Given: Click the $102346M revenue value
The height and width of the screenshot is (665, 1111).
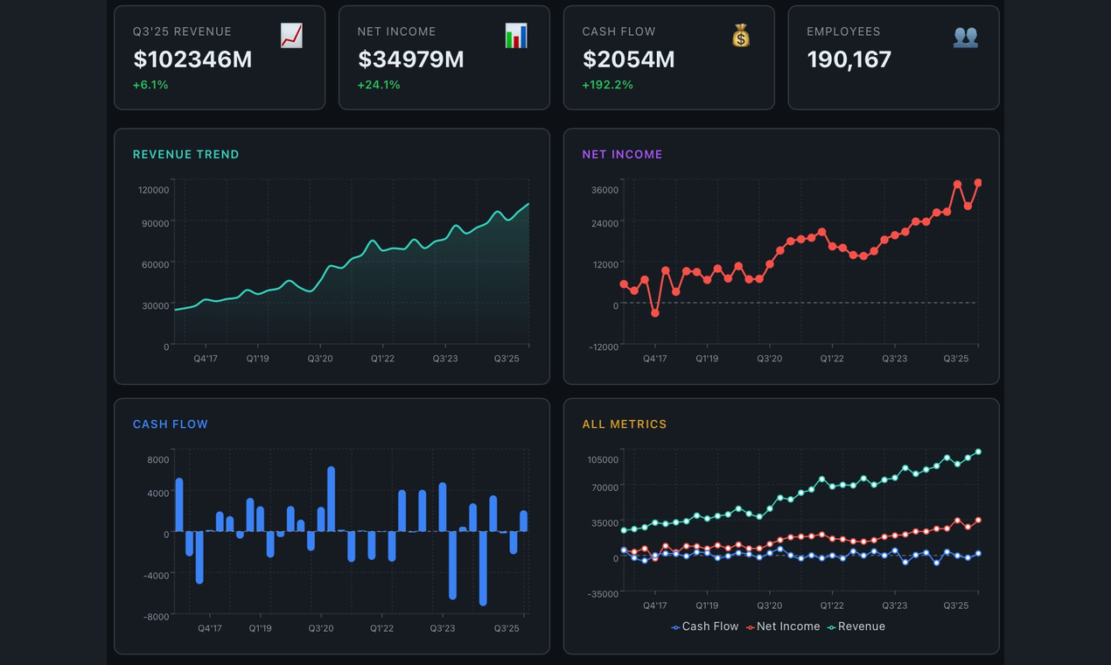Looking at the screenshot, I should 192,59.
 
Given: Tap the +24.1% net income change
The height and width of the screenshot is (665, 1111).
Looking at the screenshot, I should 379,85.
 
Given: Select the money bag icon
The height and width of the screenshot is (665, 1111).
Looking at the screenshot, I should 741,36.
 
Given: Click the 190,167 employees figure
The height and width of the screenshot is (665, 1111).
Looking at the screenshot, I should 849,59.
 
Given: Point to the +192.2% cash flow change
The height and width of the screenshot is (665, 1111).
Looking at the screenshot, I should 607,85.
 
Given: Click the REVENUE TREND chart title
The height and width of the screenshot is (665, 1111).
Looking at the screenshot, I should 185,154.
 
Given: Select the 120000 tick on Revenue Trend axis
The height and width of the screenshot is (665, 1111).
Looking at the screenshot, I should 153,190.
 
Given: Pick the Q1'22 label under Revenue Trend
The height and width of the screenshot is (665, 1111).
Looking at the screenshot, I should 382,359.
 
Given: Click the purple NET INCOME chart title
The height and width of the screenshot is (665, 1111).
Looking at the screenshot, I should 622,154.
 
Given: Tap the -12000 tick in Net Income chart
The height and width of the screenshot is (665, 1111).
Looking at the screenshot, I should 604,347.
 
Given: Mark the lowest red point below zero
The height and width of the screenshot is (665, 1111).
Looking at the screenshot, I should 655,312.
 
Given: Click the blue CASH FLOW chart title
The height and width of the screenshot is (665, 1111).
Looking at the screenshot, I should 171,424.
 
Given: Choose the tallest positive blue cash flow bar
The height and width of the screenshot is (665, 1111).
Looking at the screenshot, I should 332,498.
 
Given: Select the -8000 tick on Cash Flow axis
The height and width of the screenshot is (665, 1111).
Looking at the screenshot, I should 157,617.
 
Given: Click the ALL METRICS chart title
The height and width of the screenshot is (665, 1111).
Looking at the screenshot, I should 624,424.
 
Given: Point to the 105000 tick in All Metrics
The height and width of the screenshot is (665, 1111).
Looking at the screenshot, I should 603,460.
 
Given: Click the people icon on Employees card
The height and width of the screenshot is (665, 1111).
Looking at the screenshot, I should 966,36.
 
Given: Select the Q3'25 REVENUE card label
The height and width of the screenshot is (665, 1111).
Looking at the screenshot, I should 182,31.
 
